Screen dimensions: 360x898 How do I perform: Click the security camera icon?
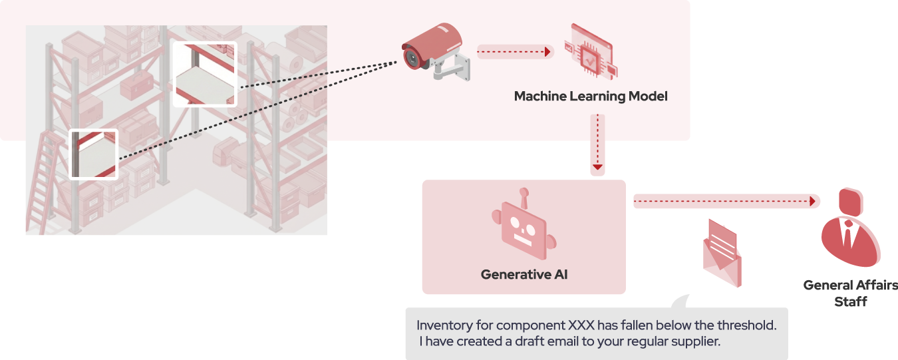[x=436, y=52]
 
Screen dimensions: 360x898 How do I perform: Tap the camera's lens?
[x=411, y=58]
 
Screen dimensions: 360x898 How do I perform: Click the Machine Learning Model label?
[x=590, y=96]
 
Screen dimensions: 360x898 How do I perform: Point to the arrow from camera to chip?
[x=515, y=51]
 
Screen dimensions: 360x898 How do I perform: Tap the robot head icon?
[x=524, y=230]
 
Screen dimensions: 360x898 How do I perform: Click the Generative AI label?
[x=524, y=274]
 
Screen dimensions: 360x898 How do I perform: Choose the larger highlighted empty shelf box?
[x=204, y=74]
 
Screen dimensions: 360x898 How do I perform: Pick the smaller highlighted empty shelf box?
[x=94, y=154]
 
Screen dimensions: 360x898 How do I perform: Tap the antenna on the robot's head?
[x=524, y=196]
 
